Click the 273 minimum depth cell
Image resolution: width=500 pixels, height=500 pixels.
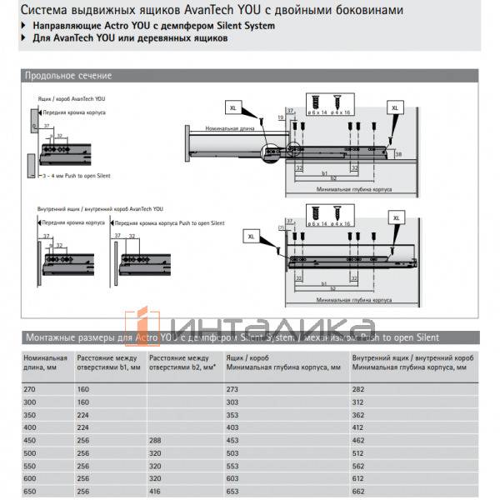[x=232, y=388]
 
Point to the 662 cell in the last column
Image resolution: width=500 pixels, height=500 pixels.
[x=359, y=492]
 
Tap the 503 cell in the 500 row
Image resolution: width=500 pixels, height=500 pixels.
[x=232, y=453]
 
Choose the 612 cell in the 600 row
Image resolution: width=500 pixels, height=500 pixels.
[x=359, y=479]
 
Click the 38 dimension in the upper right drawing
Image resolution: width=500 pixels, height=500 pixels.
[x=398, y=155]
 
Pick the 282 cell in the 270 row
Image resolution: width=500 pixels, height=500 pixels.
[x=359, y=388]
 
